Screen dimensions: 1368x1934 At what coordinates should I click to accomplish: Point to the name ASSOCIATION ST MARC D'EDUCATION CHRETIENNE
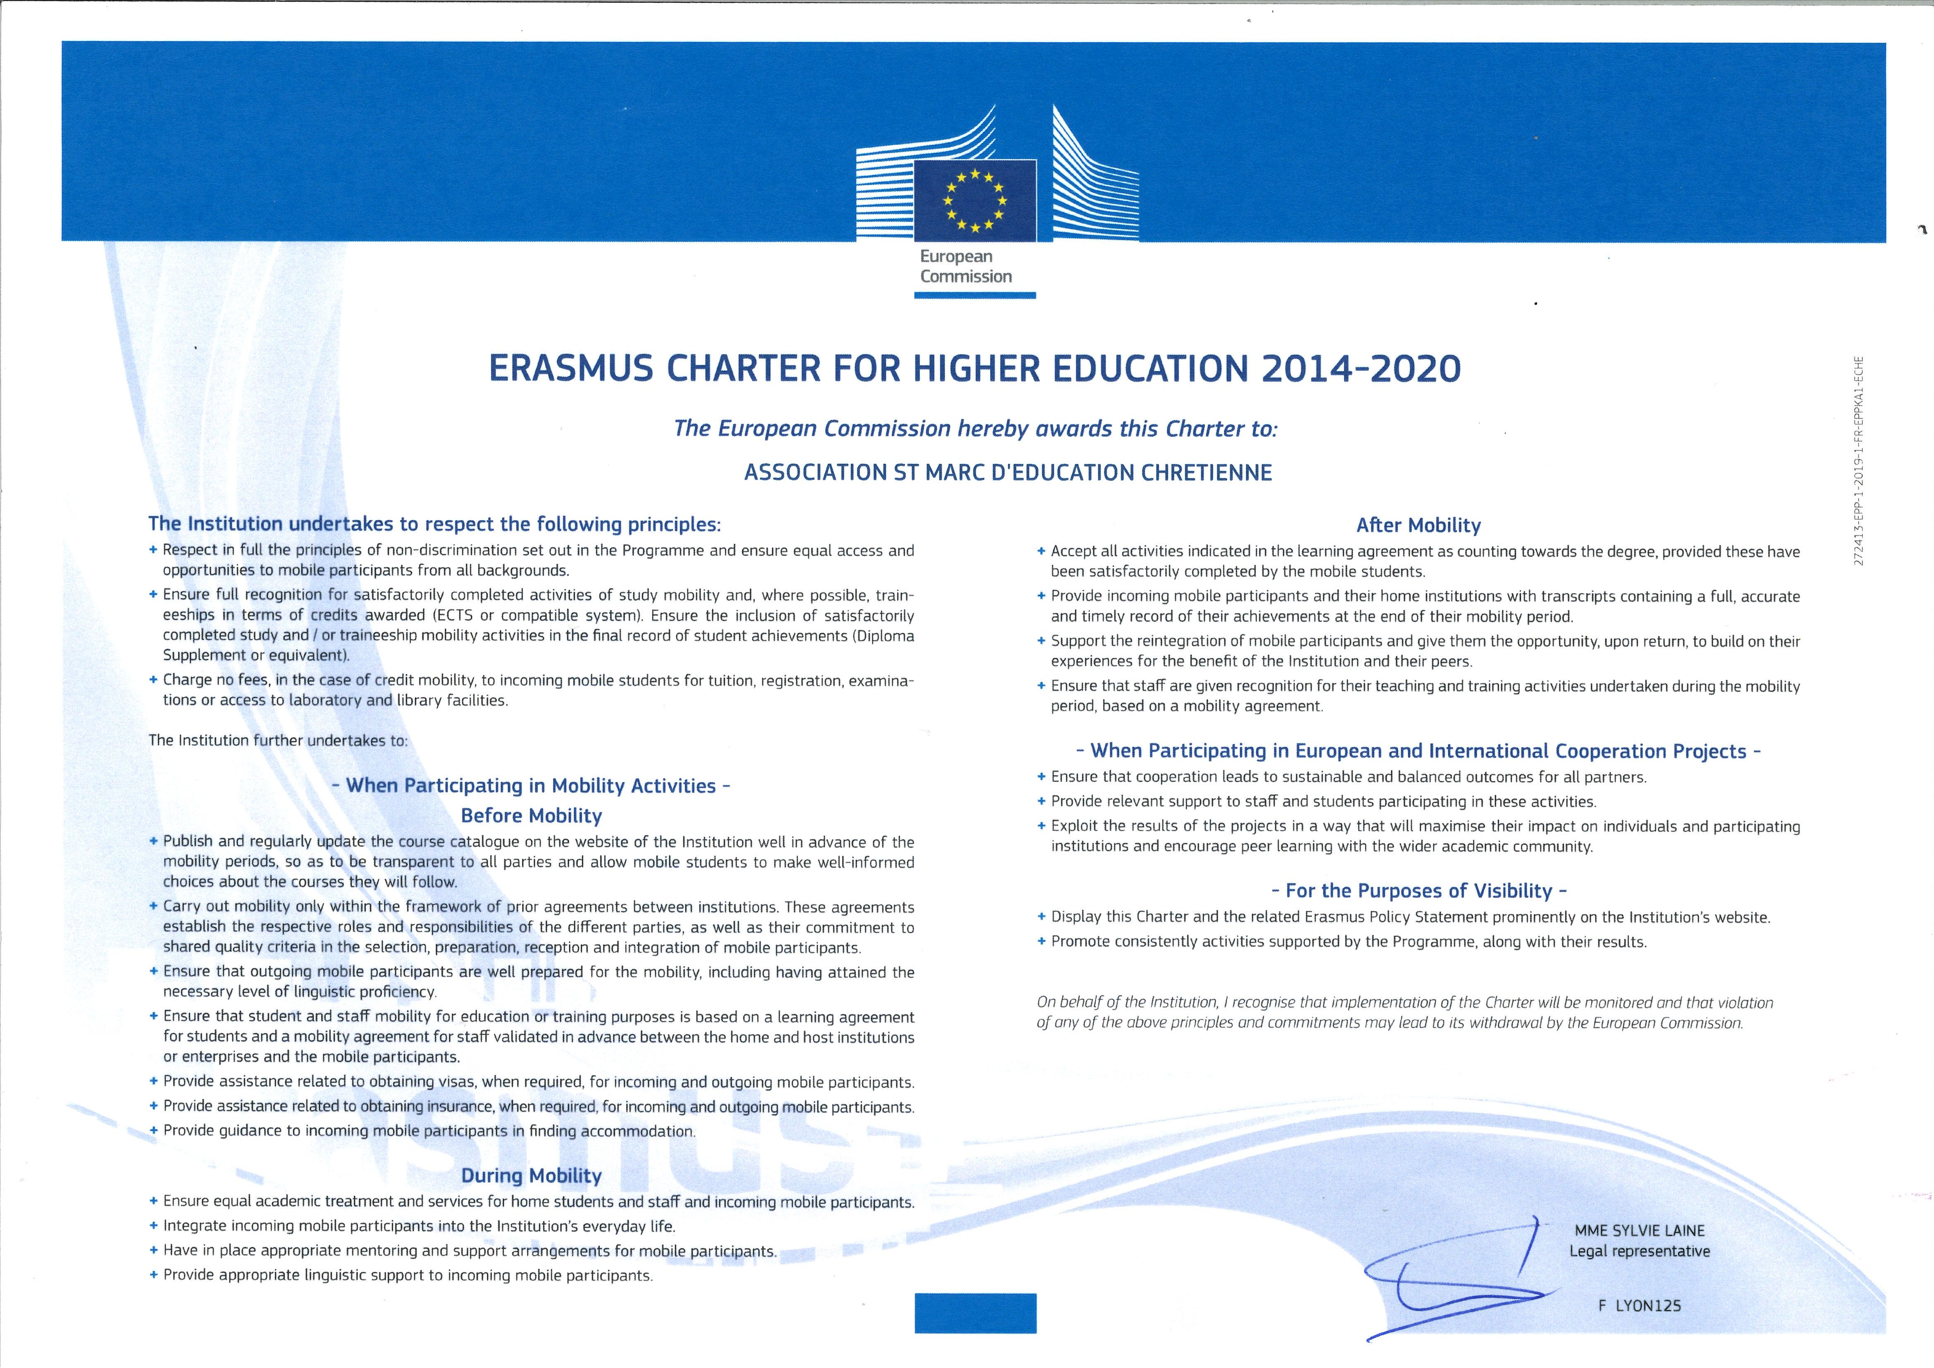(1007, 473)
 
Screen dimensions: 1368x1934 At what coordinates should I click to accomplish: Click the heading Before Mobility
(532, 815)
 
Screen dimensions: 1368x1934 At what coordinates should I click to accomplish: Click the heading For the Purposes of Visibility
(1419, 890)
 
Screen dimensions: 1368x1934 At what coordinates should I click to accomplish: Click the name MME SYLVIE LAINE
(1639, 1230)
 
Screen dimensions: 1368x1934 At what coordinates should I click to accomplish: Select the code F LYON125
(1639, 1305)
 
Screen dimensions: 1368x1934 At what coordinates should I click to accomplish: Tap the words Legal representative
(1639, 1252)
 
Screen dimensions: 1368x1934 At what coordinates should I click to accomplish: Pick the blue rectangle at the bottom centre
(975, 1313)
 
